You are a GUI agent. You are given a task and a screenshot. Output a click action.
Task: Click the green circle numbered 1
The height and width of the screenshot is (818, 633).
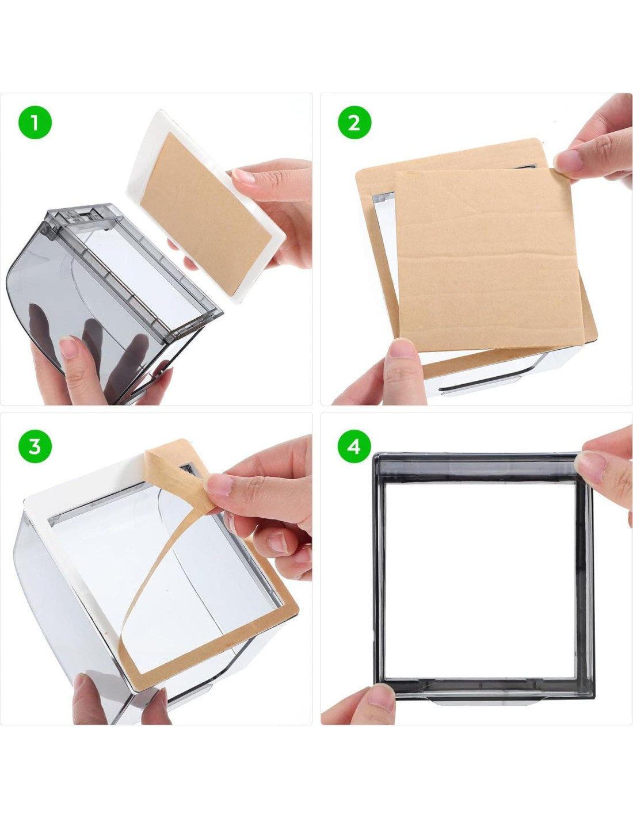click(x=35, y=123)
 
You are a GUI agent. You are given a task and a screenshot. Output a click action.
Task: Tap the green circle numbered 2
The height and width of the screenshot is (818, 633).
click(x=354, y=123)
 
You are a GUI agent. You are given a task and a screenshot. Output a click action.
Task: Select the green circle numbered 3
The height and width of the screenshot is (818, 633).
click(x=35, y=446)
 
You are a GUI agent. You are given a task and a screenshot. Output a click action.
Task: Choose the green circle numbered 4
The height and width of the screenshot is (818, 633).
click(x=354, y=446)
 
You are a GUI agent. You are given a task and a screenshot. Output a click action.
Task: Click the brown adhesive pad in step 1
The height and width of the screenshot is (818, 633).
click(x=205, y=213)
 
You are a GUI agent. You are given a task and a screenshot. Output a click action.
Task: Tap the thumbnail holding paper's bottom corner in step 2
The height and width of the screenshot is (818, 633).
click(x=402, y=349)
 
